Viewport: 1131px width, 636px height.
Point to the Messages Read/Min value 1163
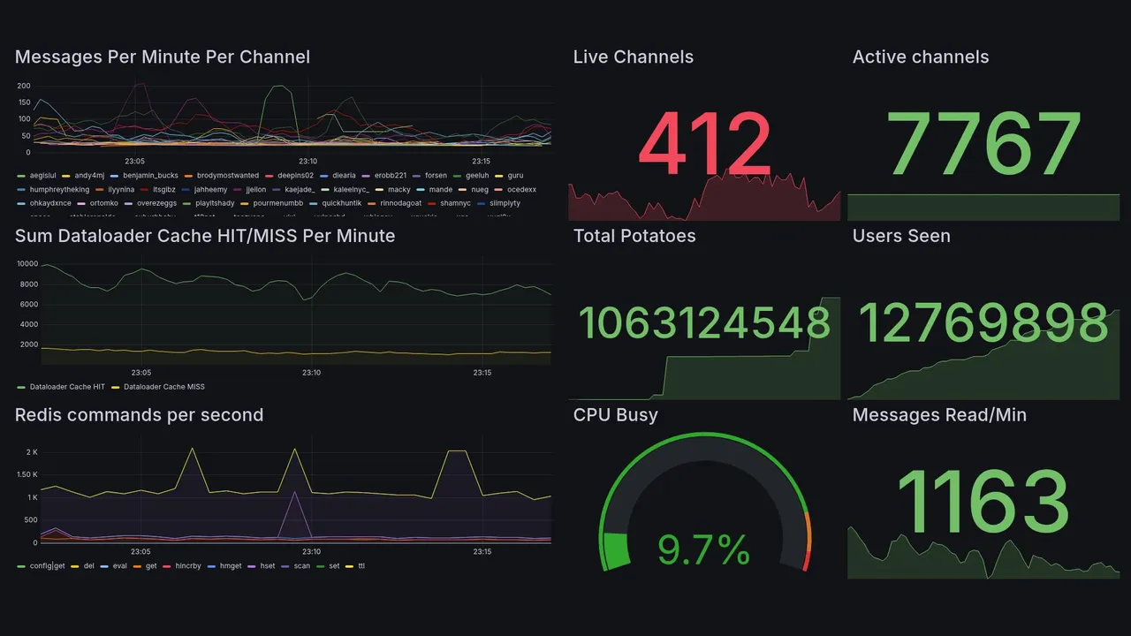(983, 502)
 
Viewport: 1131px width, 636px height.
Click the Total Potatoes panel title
(634, 236)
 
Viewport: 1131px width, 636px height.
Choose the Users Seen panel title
(901, 236)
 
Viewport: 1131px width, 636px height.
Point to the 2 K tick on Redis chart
(32, 452)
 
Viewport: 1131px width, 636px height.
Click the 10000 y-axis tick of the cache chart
(27, 264)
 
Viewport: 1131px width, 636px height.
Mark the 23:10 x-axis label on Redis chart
(311, 552)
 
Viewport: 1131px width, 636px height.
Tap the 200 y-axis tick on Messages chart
(24, 86)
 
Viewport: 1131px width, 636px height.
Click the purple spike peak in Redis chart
(294, 492)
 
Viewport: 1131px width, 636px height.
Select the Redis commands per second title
(139, 415)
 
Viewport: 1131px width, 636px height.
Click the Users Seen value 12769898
(983, 323)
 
